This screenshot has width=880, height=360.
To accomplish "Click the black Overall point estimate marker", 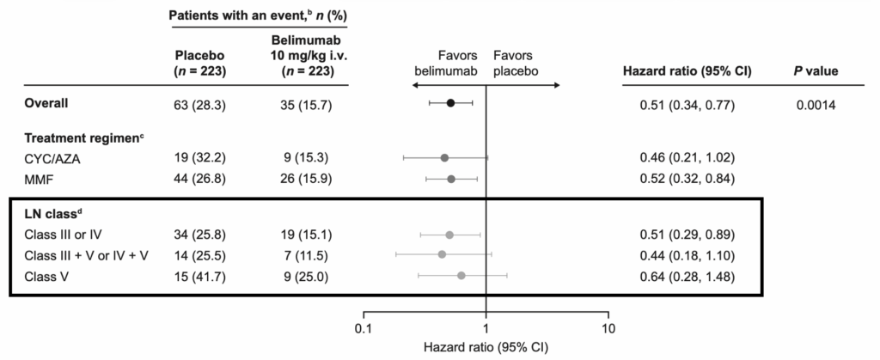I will pyautogui.click(x=450, y=103).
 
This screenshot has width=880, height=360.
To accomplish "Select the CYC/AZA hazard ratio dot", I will pyautogui.click(x=444, y=158).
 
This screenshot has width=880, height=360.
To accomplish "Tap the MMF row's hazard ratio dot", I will pyautogui.click(x=451, y=179).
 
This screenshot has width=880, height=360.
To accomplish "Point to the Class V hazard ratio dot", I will pyautogui.click(x=461, y=275).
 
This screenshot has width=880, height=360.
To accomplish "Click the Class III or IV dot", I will pyautogui.click(x=449, y=235).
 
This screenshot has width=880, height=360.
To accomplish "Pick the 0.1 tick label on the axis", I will pyautogui.click(x=364, y=329).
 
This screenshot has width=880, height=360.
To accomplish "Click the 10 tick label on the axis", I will pyautogui.click(x=608, y=329).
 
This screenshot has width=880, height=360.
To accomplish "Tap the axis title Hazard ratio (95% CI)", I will pyautogui.click(x=486, y=349).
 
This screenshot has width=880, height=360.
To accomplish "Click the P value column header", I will pyautogui.click(x=815, y=71).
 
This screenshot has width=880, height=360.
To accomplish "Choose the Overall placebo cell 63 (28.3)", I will pyautogui.click(x=199, y=103).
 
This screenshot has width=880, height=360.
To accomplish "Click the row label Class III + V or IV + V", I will pyautogui.click(x=83, y=254).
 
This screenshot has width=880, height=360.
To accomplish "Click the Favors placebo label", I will pyautogui.click(x=516, y=65).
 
